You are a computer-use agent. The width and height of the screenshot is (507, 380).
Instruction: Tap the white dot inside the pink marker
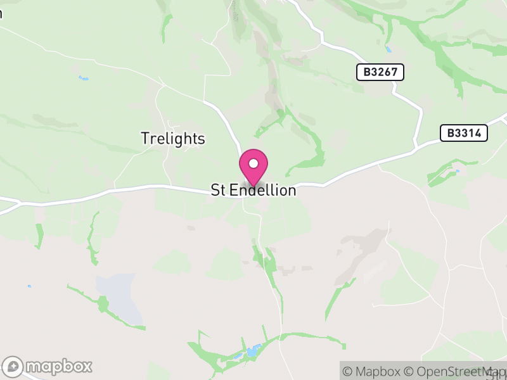pyautogui.click(x=253, y=164)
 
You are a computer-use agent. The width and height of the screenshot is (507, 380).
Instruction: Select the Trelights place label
pyautogui.click(x=173, y=139)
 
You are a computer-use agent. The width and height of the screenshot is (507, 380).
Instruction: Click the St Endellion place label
pyautogui.click(x=253, y=190)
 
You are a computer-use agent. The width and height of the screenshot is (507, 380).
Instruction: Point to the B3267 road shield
pyautogui.click(x=380, y=72)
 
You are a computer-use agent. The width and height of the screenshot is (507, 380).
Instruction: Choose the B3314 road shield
pyautogui.click(x=464, y=133)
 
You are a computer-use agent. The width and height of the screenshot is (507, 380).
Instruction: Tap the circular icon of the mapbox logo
pyautogui.click(x=15, y=366)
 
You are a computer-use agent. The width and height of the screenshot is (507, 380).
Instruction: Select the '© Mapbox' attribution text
pyautogui.click(x=373, y=371)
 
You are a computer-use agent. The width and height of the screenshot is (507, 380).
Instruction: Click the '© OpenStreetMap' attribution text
pyautogui.click(x=455, y=371)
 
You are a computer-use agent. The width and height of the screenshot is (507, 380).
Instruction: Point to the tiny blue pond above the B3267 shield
pyautogui.click(x=388, y=49)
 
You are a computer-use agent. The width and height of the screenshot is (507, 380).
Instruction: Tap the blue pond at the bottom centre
pyautogui.click(x=254, y=350)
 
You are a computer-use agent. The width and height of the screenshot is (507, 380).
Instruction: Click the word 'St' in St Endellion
pyautogui.click(x=218, y=190)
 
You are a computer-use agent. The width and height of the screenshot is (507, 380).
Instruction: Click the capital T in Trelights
pyautogui.click(x=145, y=139)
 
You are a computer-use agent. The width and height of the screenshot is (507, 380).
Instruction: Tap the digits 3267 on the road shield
pyautogui.click(x=384, y=72)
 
